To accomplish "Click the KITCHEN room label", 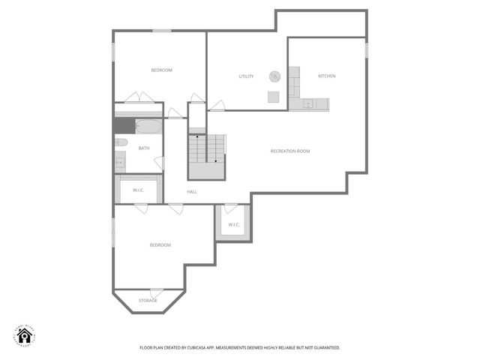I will point(326,76).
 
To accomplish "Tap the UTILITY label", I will point(246,76).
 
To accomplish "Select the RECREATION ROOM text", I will point(290,151).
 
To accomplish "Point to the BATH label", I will point(143,148).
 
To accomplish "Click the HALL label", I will point(192,192).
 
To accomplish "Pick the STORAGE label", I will point(148,301).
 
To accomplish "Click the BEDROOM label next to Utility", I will point(161,70).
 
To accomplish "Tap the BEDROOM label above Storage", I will point(160,245).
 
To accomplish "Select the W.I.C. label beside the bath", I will point(139,190).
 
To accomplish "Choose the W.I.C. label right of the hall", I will point(233,224).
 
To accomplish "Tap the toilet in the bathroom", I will point(121,142).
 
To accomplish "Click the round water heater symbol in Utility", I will point(275,76).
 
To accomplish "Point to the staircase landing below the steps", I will point(206,170).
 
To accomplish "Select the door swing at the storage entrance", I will point(156,292).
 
